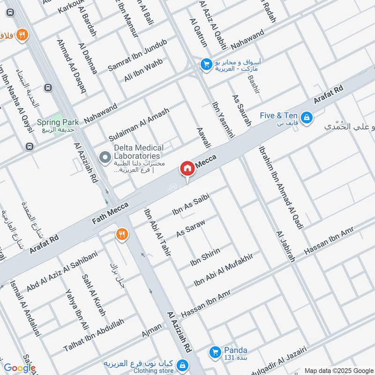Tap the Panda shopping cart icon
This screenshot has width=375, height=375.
(215, 351)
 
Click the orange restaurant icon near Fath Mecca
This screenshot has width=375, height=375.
(122, 234)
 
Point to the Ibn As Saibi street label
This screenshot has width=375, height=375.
(190, 206)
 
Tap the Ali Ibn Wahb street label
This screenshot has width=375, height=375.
(143, 70)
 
